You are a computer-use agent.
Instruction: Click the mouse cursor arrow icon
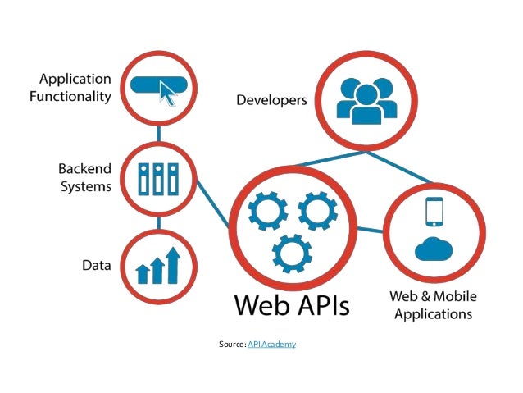[169, 94]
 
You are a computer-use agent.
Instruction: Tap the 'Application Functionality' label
[75, 88]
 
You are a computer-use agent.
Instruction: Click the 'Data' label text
[97, 266]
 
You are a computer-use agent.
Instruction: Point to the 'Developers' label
[271, 101]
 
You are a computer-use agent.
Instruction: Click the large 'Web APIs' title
[292, 304]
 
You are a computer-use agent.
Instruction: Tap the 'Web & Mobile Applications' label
[433, 304]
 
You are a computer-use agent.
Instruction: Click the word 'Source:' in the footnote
[232, 345]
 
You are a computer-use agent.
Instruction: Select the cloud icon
[434, 247]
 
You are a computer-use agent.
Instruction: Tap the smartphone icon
[434, 212]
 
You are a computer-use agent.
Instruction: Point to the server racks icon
[159, 178]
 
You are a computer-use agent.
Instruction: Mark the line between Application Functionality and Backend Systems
[160, 131]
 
